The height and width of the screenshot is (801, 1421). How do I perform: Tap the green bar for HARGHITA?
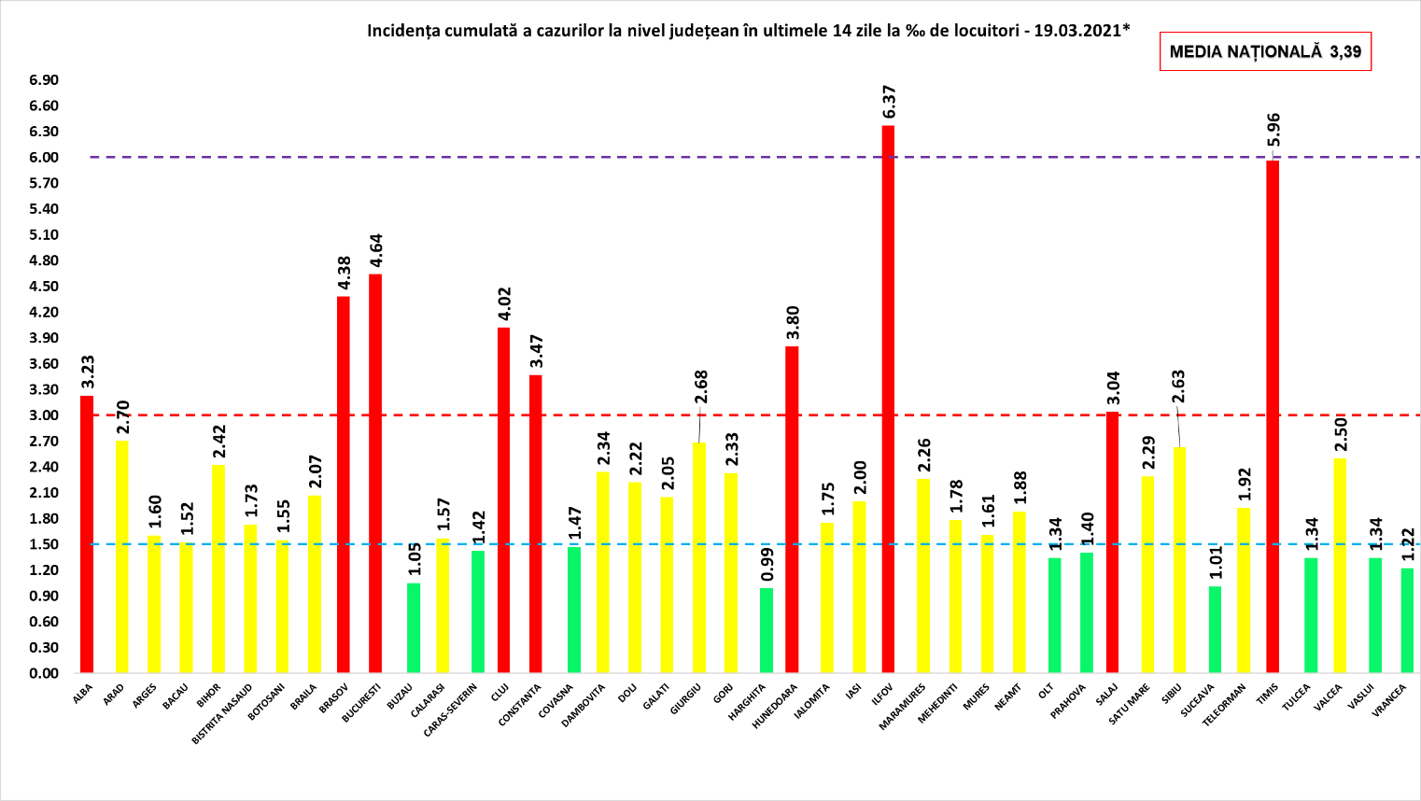click(x=766, y=630)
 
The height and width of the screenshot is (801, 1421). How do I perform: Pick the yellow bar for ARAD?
click(x=122, y=556)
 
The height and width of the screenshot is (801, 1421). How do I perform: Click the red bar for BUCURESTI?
click(x=375, y=473)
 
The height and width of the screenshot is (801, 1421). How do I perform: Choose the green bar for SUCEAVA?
click(x=1215, y=629)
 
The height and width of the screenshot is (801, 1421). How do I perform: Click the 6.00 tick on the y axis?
click(x=43, y=158)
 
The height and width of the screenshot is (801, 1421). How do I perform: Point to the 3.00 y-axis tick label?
click(x=43, y=415)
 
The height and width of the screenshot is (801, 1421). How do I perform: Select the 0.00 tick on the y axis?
click(x=43, y=673)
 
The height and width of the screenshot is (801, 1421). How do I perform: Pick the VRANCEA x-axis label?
click(x=1389, y=701)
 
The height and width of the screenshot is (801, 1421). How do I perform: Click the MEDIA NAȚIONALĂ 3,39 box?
click(x=1265, y=52)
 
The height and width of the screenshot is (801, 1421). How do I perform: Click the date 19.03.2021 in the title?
click(x=1077, y=30)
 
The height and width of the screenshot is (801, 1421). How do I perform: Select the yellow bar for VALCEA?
click(x=1340, y=566)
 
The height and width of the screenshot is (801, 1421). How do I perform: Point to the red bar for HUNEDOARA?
click(x=792, y=510)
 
